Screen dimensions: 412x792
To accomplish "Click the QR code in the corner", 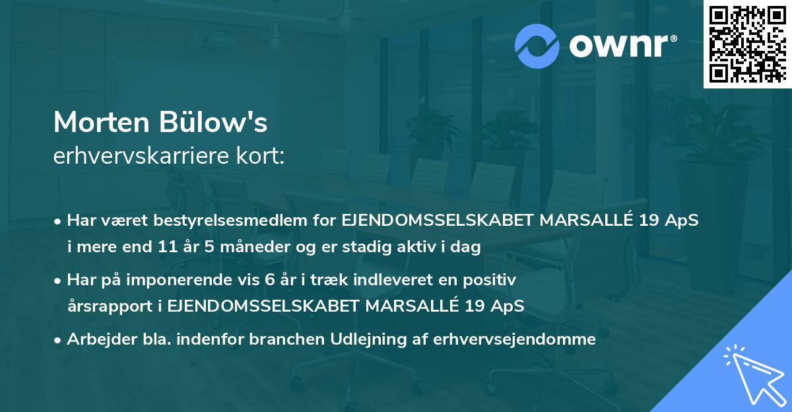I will (x=747, y=44).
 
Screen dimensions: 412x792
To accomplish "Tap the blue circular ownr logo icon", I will (x=537, y=45).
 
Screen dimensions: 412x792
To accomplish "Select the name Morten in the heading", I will (x=101, y=123).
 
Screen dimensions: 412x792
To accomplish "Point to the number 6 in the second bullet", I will (x=269, y=280).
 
